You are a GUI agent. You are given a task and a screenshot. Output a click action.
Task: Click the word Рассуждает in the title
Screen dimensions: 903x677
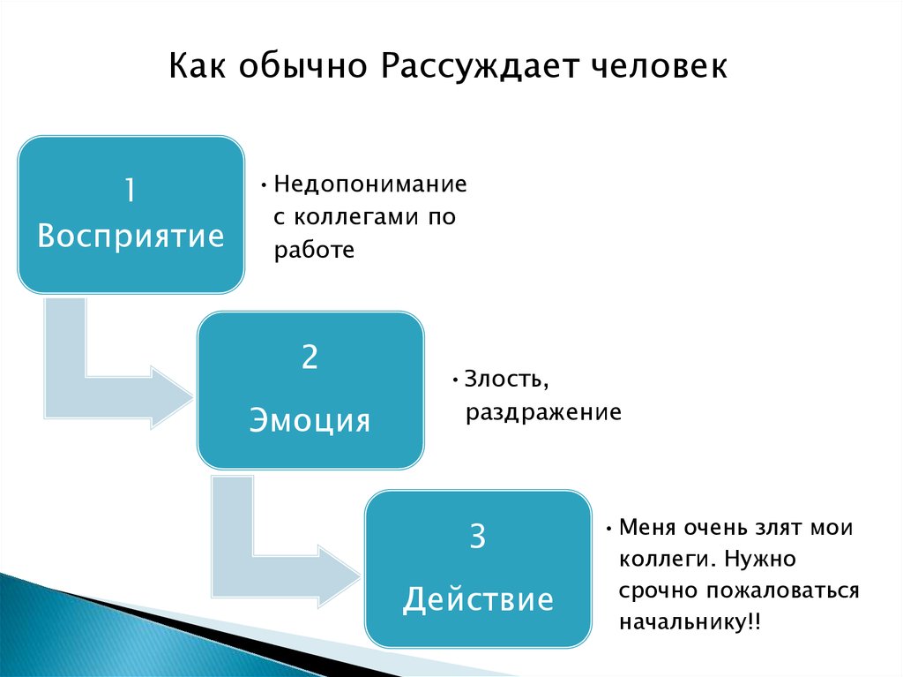479,67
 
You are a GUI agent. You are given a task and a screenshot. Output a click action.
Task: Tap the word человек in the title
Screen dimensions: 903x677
660,65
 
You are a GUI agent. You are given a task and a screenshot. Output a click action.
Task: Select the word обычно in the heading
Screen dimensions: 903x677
302,65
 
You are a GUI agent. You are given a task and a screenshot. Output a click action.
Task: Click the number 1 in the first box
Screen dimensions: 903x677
131,190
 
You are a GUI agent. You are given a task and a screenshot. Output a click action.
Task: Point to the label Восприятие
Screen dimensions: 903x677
131,237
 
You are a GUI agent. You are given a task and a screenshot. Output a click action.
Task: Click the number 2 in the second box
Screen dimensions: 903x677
310,357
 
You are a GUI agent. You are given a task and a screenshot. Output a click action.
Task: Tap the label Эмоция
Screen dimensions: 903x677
310,420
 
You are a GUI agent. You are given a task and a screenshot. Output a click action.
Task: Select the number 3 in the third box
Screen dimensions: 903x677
478,537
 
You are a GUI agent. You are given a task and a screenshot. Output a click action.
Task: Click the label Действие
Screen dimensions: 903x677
478,598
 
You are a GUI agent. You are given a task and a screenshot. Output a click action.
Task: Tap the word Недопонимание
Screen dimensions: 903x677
370,184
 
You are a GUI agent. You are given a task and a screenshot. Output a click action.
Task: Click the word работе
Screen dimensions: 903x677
314,251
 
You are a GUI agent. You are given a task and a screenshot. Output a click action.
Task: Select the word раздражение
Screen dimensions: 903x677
543,413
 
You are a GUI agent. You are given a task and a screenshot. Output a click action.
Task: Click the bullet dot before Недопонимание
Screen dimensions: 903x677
264,185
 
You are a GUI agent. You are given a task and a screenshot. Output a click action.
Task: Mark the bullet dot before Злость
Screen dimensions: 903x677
455,380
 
